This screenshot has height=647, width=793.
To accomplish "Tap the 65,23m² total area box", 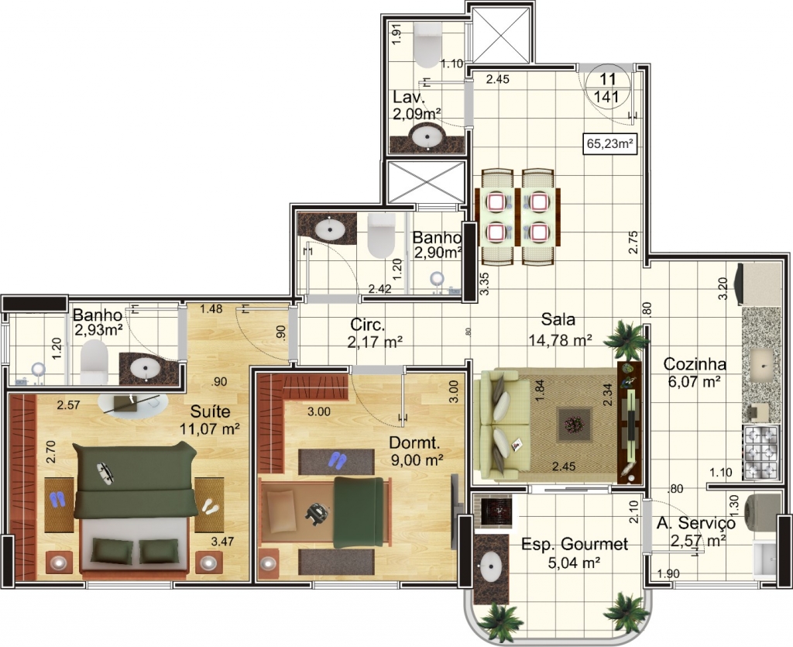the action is pos(609,143).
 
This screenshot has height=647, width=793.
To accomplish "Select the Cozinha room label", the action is pos(695,363).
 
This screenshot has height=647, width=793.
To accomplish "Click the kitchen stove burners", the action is pos(760,453).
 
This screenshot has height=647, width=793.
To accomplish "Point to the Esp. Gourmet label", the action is pos(575,544).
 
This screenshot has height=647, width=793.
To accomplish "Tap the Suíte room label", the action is pos(210,411).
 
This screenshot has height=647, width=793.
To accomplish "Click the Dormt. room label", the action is pos(414,442).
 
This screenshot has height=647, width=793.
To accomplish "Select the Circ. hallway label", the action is pos(368,324).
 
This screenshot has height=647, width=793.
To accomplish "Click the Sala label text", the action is pos(558,319).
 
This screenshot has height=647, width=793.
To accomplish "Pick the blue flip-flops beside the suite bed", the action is pos(57,499).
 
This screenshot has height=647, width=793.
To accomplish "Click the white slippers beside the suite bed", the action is pos(210,507).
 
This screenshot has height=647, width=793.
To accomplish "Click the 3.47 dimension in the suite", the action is pos(222,542).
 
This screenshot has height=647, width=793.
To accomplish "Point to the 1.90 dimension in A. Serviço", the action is pos(668,573).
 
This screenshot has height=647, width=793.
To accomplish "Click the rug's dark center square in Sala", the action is pos(574,425).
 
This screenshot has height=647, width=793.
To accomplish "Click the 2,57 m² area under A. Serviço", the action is pos(698,541).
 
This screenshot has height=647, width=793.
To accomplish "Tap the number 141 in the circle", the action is pos(607,96).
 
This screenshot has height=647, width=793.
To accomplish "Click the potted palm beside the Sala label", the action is pos(626,340).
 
